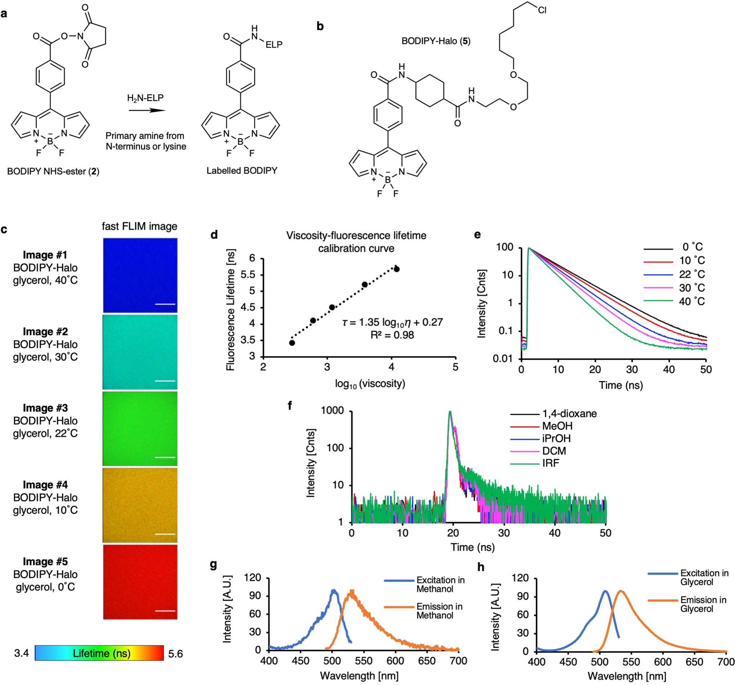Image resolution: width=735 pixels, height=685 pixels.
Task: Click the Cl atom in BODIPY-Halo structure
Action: point(542,10)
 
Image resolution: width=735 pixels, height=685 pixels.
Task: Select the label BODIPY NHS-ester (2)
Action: point(53,171)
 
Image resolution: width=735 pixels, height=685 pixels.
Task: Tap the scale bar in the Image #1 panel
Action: point(165,304)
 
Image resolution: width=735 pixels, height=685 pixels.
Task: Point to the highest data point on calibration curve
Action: point(396,269)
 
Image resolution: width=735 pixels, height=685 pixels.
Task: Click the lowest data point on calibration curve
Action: point(292,343)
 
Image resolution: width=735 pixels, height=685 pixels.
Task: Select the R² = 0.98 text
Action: point(392,335)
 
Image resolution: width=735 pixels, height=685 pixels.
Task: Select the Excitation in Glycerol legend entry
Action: point(704,577)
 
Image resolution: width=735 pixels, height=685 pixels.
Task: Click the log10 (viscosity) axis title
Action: point(370,383)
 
